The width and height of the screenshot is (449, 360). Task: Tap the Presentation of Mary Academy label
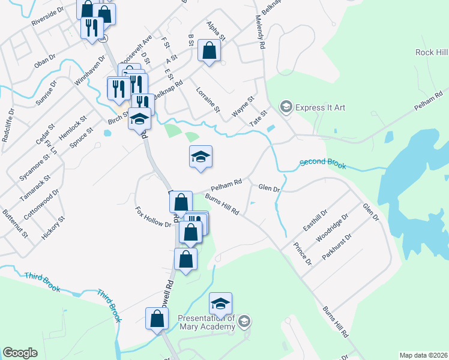click(x=206, y=322)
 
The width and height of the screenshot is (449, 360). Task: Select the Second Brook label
click(x=323, y=163)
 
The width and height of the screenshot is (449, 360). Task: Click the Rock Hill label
click(x=431, y=53)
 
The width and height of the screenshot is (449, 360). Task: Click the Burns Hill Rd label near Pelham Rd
click(x=222, y=205)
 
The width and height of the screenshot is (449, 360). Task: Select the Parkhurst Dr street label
click(x=336, y=247)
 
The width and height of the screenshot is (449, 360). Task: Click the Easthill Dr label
click(x=315, y=221)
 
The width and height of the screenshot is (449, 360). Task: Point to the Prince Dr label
click(x=303, y=253)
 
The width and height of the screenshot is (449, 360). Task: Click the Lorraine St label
click(x=208, y=101)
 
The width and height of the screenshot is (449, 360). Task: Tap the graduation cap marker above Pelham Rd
click(x=200, y=157)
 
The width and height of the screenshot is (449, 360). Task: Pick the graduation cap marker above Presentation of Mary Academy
click(x=220, y=304)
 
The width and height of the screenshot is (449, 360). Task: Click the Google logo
click(x=20, y=353)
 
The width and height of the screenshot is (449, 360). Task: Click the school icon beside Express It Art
click(x=286, y=107)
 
